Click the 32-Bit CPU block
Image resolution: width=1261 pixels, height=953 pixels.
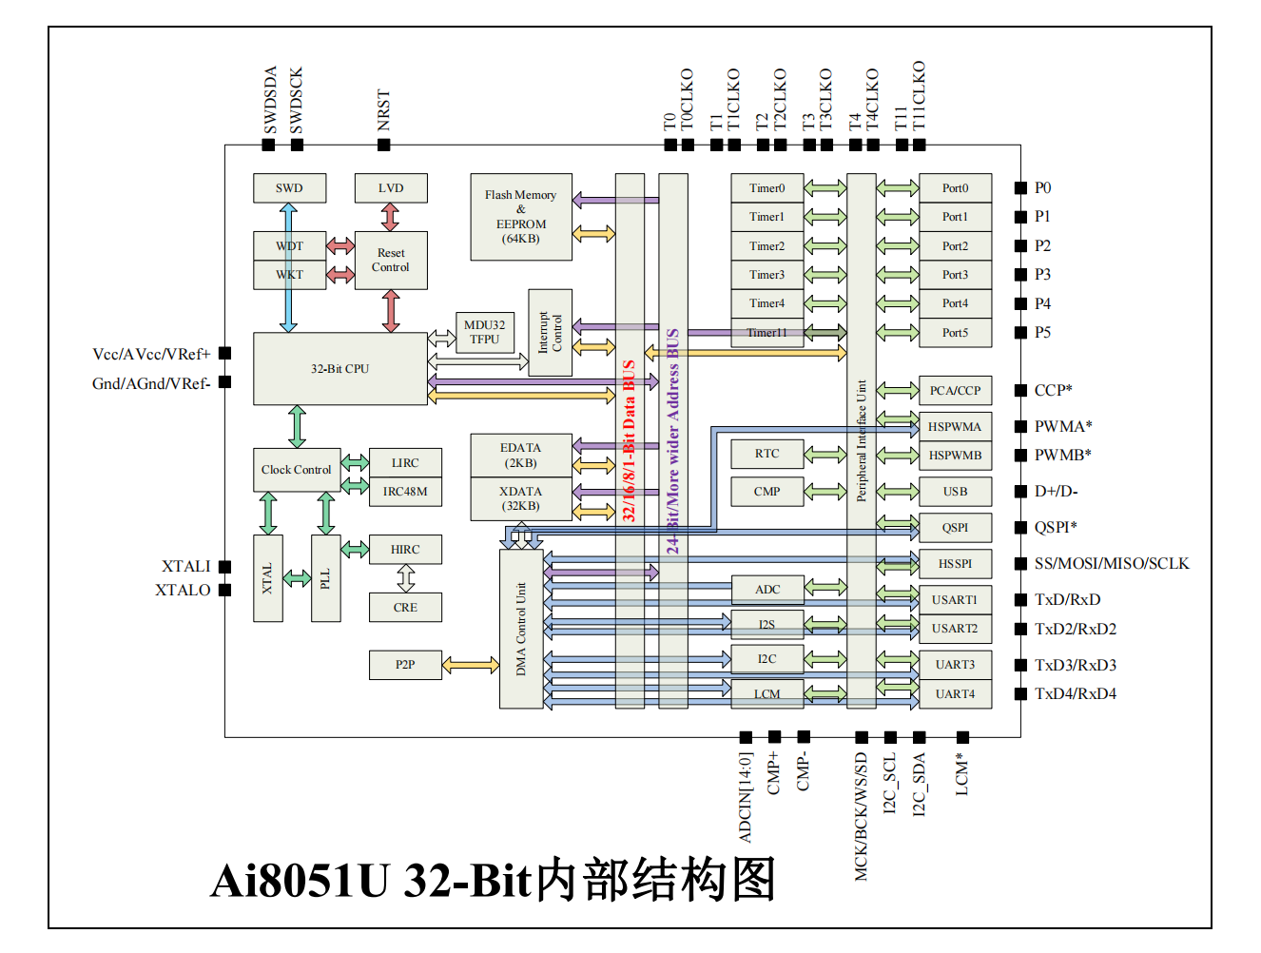[x=339, y=369]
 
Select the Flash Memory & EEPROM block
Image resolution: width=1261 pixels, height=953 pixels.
[x=521, y=217]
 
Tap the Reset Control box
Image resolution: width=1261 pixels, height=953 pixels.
[x=391, y=261]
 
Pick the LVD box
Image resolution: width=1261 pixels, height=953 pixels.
[x=391, y=188]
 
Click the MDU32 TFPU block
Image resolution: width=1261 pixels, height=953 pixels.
[x=484, y=332]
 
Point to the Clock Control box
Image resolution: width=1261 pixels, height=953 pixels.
[x=297, y=470]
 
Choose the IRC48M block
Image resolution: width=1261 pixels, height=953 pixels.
[x=405, y=492]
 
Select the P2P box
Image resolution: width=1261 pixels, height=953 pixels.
[x=405, y=665]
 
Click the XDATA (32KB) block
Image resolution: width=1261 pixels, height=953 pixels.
[x=521, y=498]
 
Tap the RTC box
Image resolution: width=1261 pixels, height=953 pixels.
[x=766, y=454]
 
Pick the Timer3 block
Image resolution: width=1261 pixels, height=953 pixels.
[x=766, y=275]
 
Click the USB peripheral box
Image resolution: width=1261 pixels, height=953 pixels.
[x=955, y=492]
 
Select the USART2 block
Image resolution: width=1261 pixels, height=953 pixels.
[x=955, y=629]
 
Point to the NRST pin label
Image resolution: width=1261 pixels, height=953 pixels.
[x=383, y=110]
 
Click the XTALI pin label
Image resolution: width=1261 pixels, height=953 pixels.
[x=186, y=567]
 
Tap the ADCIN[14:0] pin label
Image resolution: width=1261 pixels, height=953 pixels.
[x=746, y=797]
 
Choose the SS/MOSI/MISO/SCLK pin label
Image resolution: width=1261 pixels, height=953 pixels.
[x=1112, y=564]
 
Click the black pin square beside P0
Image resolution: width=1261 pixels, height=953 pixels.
[x=1020, y=188]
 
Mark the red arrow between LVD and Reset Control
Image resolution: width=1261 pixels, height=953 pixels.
[x=391, y=217]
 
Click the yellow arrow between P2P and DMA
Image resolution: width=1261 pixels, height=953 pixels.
[x=471, y=665]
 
